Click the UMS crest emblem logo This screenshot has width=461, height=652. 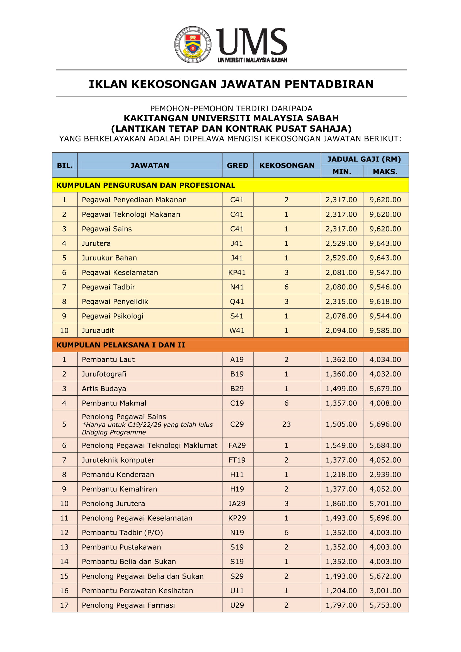(x=193, y=45)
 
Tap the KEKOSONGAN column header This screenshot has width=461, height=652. (x=287, y=165)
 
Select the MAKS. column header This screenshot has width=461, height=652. (x=385, y=172)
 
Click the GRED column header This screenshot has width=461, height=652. (x=237, y=165)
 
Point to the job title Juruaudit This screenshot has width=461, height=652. (x=98, y=330)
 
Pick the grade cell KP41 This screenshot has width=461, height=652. (x=237, y=272)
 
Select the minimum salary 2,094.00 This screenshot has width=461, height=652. (x=341, y=330)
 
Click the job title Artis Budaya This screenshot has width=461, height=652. (x=104, y=388)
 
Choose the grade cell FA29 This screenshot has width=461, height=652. (x=237, y=445)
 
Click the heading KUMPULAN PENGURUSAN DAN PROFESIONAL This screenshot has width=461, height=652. (x=145, y=185)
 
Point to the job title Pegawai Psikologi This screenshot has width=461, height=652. (x=112, y=316)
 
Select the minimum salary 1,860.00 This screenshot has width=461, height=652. (x=341, y=503)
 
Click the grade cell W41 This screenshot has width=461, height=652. (x=237, y=330)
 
